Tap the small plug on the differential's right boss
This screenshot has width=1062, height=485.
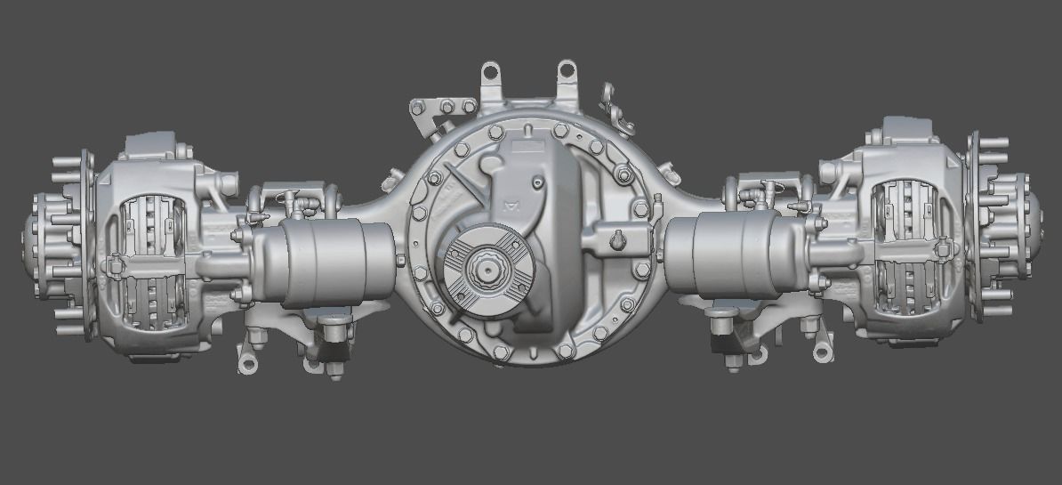[x=617, y=239]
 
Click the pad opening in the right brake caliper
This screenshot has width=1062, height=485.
[x=905, y=245]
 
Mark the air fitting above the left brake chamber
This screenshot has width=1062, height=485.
[x=299, y=204]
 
